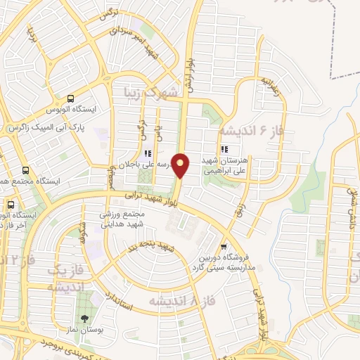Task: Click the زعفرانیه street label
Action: tap(270, 88)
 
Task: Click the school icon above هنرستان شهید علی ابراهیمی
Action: tap(225, 149)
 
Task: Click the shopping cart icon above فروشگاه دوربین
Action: tap(224, 246)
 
